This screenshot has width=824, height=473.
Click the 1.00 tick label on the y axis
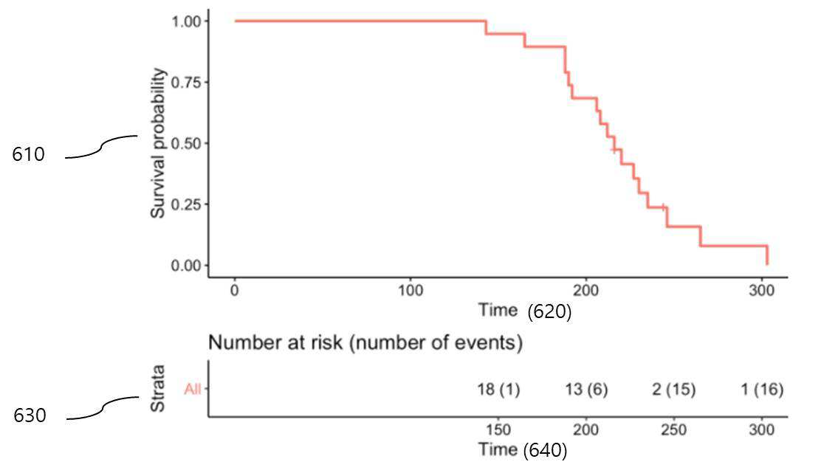pyautogui.click(x=186, y=21)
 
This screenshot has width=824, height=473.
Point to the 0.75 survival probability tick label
pyautogui.click(x=186, y=83)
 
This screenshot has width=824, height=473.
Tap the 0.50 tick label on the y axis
pyautogui.click(x=186, y=143)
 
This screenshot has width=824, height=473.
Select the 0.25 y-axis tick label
pyautogui.click(x=186, y=204)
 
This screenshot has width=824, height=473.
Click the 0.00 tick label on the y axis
pyautogui.click(x=186, y=266)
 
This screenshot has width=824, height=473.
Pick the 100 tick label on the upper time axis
pyautogui.click(x=410, y=290)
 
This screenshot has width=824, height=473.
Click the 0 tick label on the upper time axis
pyautogui.click(x=234, y=290)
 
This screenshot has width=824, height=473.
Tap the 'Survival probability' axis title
pyautogui.click(x=158, y=143)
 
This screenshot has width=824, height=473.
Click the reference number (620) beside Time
pyautogui.click(x=549, y=311)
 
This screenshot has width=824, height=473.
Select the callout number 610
pyautogui.click(x=28, y=154)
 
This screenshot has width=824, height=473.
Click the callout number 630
pyautogui.click(x=30, y=415)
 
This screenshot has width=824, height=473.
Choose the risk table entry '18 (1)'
pyautogui.click(x=498, y=390)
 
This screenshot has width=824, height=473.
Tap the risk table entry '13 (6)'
pyautogui.click(x=586, y=390)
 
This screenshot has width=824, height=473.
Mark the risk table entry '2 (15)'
pyautogui.click(x=673, y=390)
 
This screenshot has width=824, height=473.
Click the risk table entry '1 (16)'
pyautogui.click(x=762, y=390)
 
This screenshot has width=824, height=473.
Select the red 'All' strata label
pyautogui.click(x=192, y=390)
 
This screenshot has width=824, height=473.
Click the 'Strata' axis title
pyautogui.click(x=158, y=388)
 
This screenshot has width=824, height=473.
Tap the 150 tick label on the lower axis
pyautogui.click(x=498, y=430)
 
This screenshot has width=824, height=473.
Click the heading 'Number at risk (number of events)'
pyautogui.click(x=365, y=343)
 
